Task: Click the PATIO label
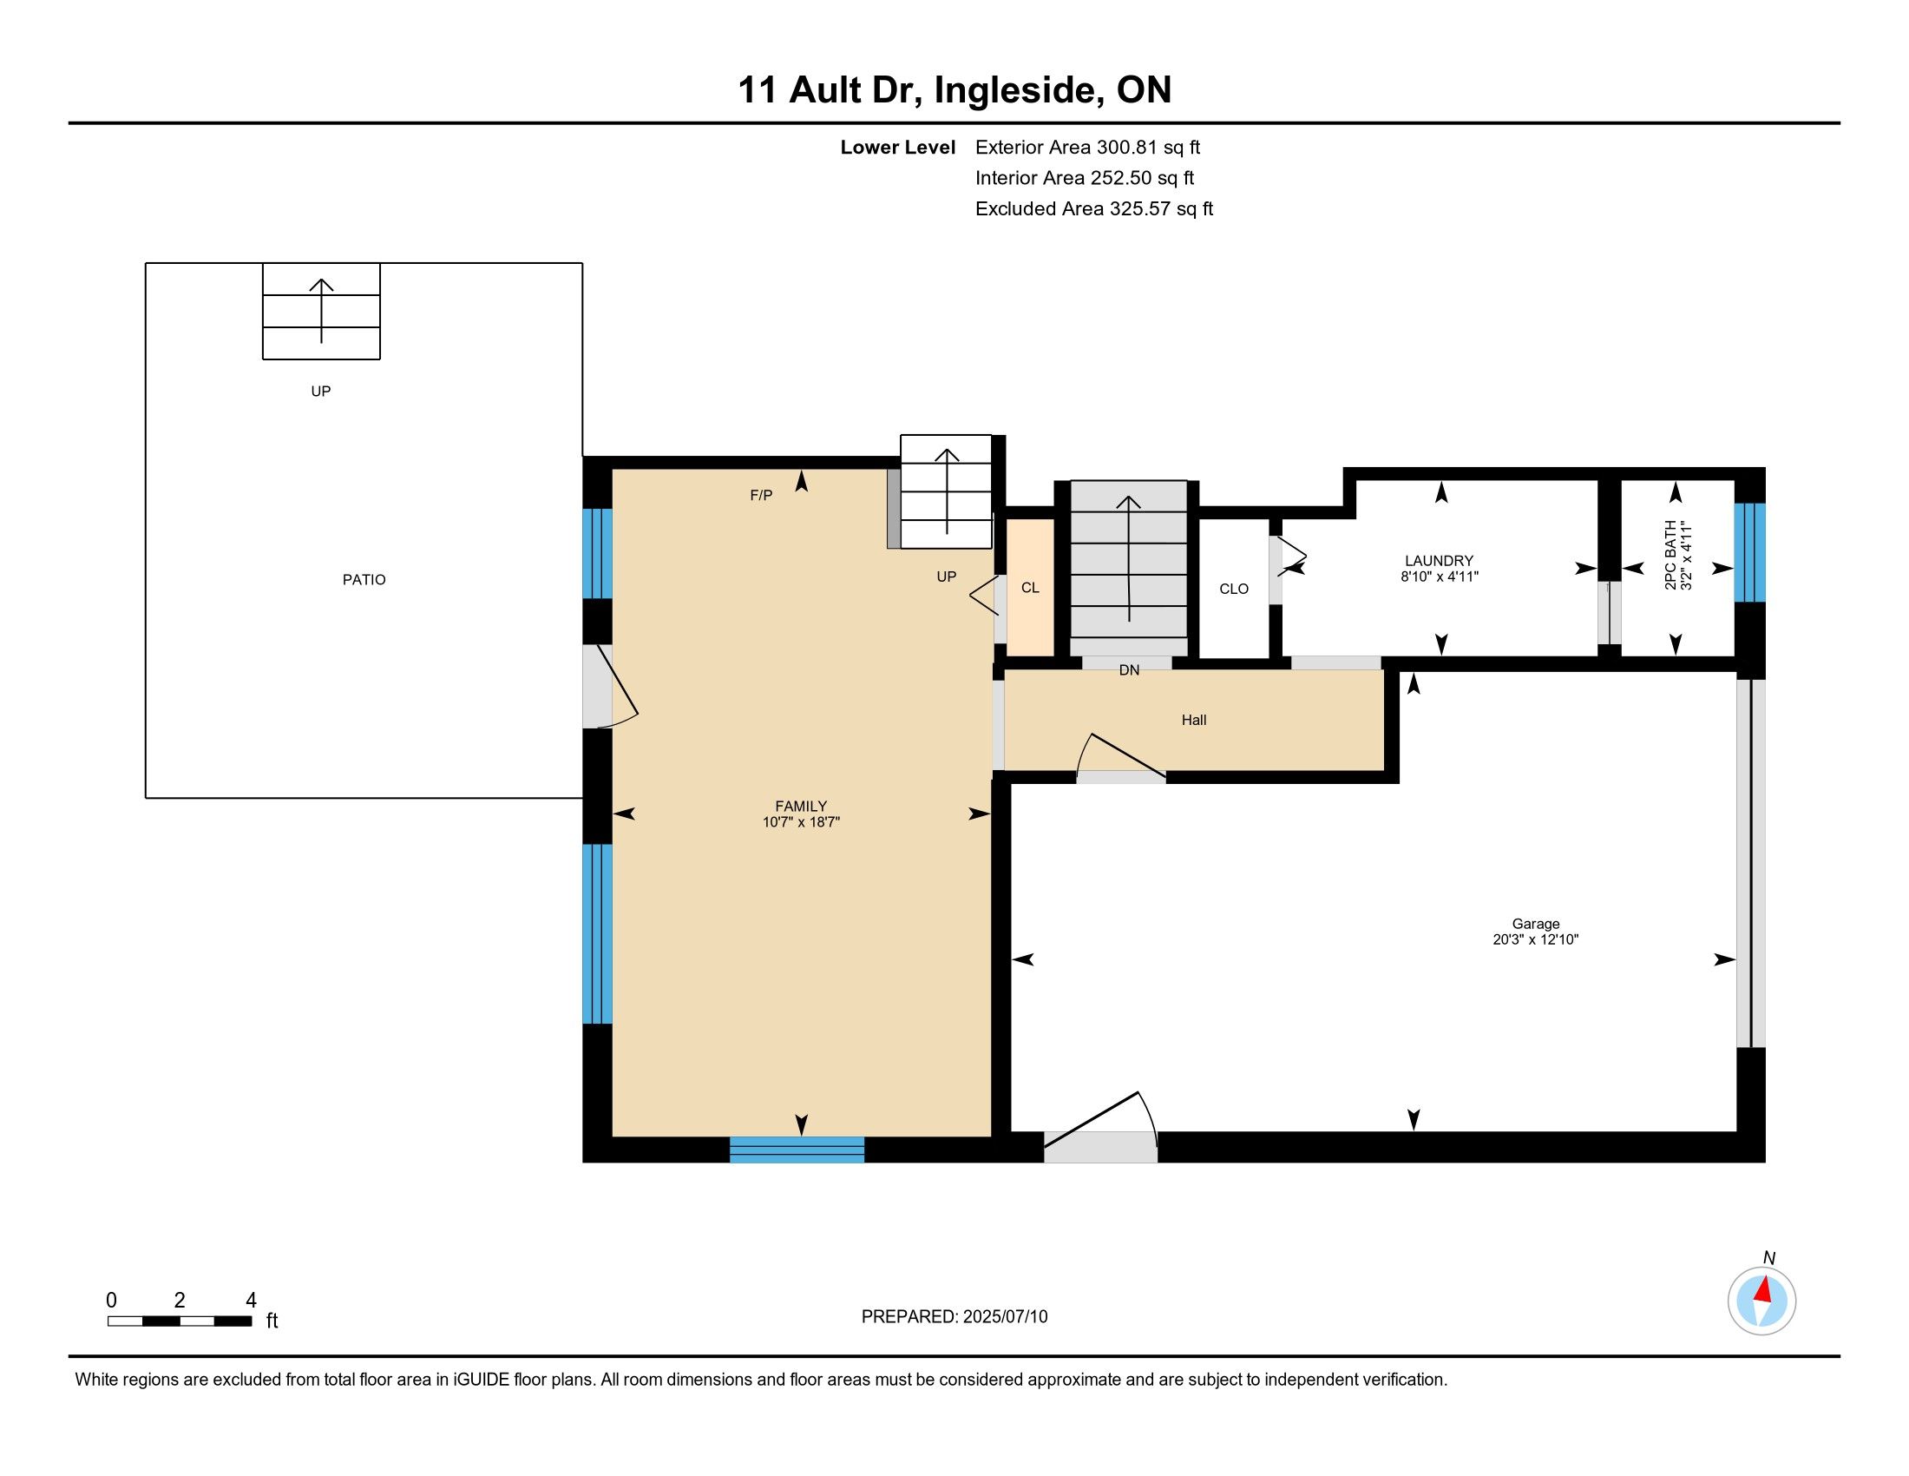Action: click(x=364, y=580)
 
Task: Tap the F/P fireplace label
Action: click(x=761, y=496)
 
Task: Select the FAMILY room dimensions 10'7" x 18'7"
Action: click(x=801, y=822)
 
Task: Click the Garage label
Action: click(x=1536, y=924)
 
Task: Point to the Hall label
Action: click(x=1194, y=720)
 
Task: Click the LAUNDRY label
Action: click(x=1439, y=561)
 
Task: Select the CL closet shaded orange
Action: click(x=1031, y=587)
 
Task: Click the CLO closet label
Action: click(x=1234, y=590)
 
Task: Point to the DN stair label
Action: click(x=1129, y=670)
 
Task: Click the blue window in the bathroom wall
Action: click(x=1750, y=552)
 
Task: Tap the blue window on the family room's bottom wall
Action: click(x=797, y=1149)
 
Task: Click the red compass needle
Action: click(x=1764, y=1289)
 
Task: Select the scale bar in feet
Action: click(x=180, y=1321)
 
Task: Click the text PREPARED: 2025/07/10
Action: click(x=954, y=1317)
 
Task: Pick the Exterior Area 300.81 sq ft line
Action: click(x=1088, y=148)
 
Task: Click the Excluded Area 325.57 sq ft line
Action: click(x=1094, y=209)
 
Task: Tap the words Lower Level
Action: click(x=898, y=148)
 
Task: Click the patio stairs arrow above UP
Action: click(x=322, y=311)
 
